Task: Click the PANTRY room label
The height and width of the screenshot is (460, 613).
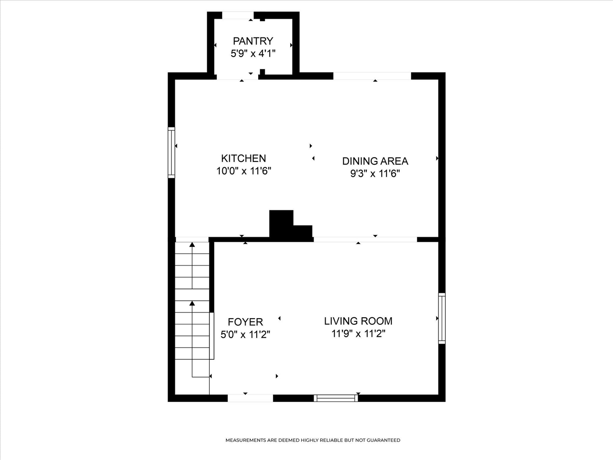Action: tap(253, 41)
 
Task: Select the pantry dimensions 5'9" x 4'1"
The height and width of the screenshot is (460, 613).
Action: tap(253, 53)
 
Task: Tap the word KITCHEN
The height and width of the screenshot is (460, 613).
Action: tap(244, 158)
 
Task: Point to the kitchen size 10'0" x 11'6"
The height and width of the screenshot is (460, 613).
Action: tap(244, 171)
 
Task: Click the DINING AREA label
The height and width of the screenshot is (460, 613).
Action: tap(375, 161)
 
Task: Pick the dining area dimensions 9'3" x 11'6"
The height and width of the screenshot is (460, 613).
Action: tap(375, 174)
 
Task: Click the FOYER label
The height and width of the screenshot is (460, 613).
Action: tap(245, 322)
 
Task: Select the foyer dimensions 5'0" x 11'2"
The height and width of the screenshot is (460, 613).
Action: tap(245, 334)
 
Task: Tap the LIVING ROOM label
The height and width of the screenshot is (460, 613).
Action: tap(358, 321)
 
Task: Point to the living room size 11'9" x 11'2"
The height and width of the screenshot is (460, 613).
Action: tap(358, 333)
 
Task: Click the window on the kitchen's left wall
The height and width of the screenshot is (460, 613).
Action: tap(171, 152)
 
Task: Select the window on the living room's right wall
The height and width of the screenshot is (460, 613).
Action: tap(442, 318)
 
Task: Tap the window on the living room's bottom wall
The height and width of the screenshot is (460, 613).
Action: tap(336, 398)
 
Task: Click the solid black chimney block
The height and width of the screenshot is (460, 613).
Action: tap(290, 226)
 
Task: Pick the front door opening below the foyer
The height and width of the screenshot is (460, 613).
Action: tap(250, 398)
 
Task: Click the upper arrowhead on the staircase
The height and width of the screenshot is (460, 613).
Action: tap(192, 245)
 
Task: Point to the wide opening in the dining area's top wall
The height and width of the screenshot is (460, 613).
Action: tap(372, 76)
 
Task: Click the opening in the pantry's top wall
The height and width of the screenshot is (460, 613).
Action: tap(238, 15)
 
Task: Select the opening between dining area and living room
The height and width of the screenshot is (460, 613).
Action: tap(365, 240)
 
